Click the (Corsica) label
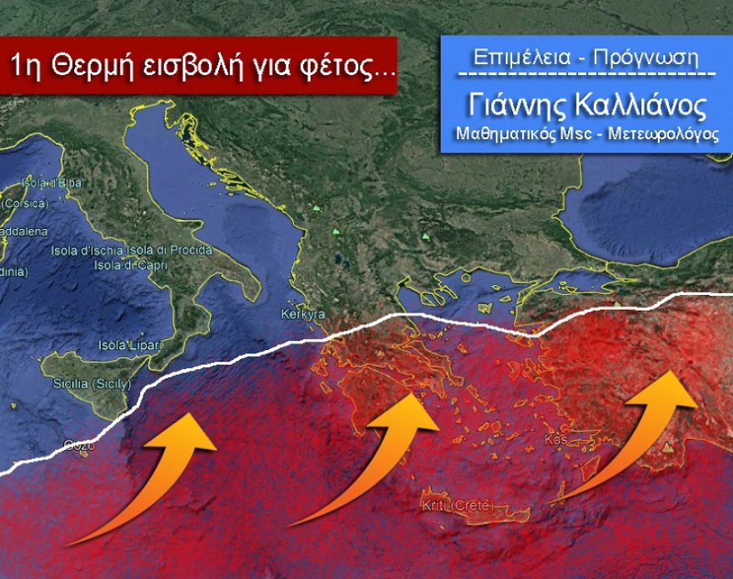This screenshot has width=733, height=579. [25, 202]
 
